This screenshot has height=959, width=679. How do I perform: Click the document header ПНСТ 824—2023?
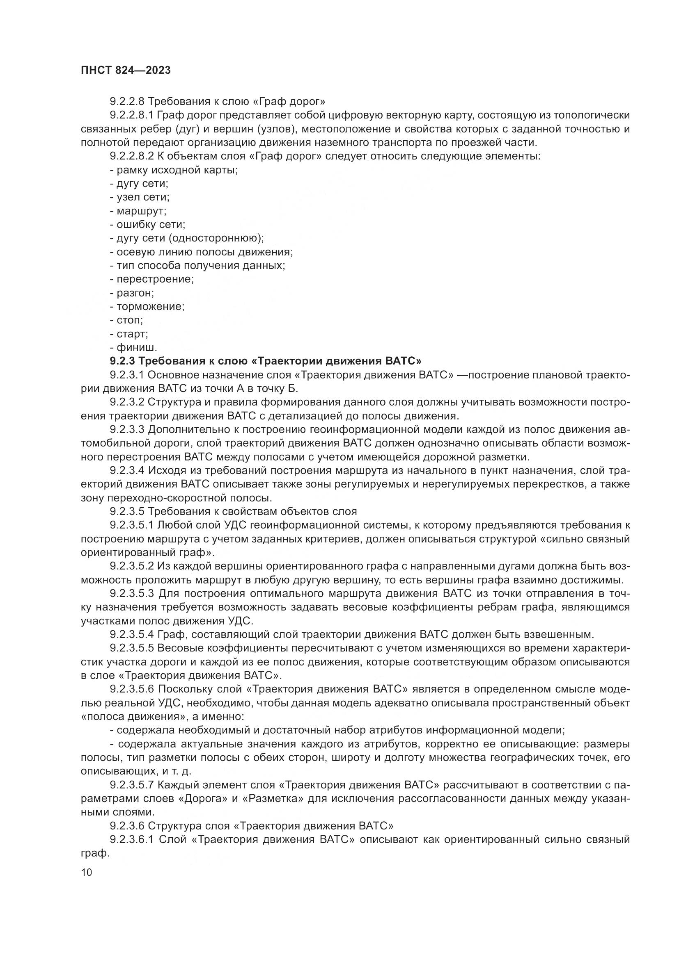(126, 70)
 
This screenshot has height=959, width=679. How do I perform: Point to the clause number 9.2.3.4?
(127, 470)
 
